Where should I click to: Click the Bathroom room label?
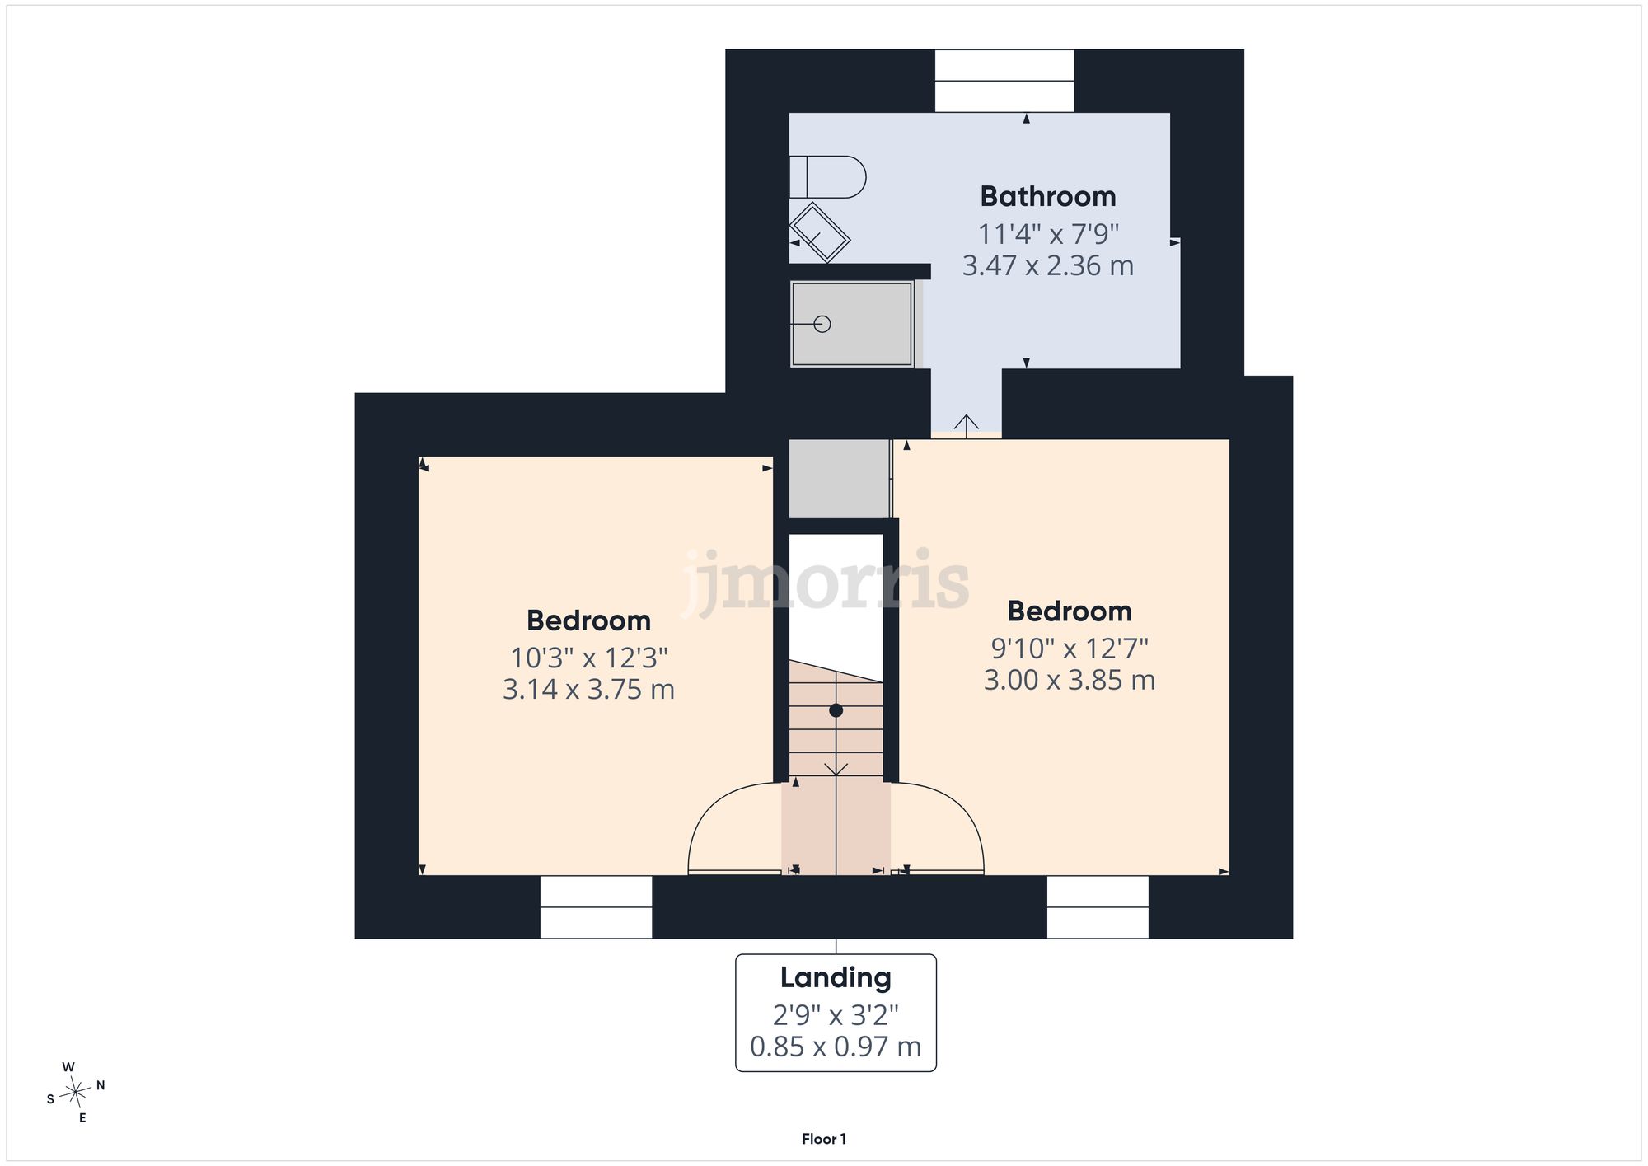[1048, 197]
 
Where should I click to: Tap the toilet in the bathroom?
[827, 176]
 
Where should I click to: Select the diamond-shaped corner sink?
[819, 232]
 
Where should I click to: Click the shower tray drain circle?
[822, 324]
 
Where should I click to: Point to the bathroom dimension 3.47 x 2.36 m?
[1048, 266]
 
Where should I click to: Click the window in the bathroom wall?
[1004, 81]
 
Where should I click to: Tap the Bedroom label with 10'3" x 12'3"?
[588, 620]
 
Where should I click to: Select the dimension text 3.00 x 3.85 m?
[1070, 681]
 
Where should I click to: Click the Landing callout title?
[836, 978]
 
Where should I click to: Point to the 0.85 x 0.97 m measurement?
[836, 1047]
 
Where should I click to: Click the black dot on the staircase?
[836, 710]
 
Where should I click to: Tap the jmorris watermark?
[826, 581]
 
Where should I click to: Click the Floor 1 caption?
[824, 1139]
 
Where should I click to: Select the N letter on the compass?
[101, 1085]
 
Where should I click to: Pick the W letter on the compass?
[68, 1067]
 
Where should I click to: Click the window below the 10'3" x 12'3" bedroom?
[596, 906]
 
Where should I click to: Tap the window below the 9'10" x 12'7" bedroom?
[1098, 906]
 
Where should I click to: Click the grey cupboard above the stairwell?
[840, 479]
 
